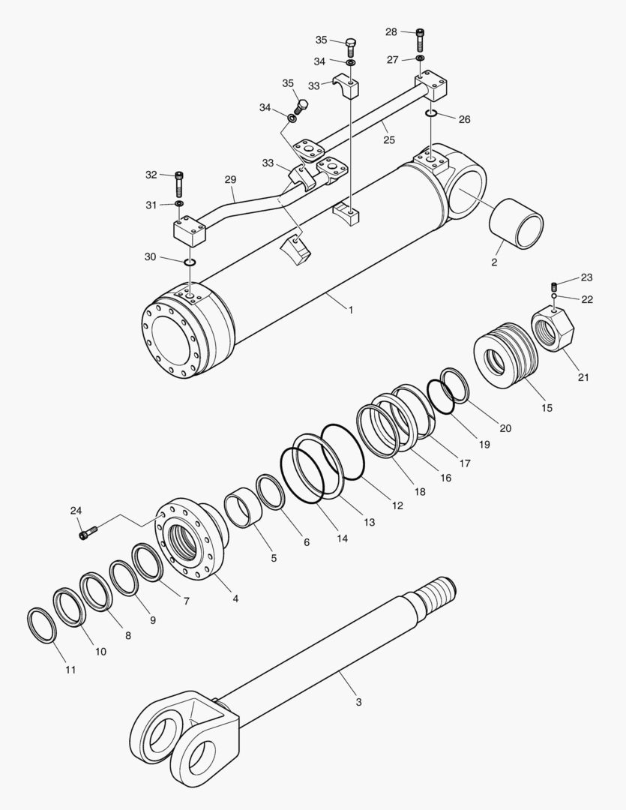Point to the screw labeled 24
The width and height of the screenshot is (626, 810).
tap(87, 534)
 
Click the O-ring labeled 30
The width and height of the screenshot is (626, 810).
tap(189, 262)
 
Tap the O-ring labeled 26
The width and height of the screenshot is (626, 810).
tap(430, 113)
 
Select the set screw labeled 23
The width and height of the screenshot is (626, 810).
tap(553, 286)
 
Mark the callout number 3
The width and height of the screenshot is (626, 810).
tap(358, 702)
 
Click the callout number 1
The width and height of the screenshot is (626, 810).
tap(350, 308)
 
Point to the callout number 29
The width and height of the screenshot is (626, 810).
tap(230, 180)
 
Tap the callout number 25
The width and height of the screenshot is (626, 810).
tap(388, 139)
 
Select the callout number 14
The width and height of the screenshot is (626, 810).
tap(342, 538)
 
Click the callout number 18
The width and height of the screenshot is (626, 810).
tap(418, 491)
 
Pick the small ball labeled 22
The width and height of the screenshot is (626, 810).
tap(553, 298)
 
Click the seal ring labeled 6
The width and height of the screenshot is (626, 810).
tap(271, 491)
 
